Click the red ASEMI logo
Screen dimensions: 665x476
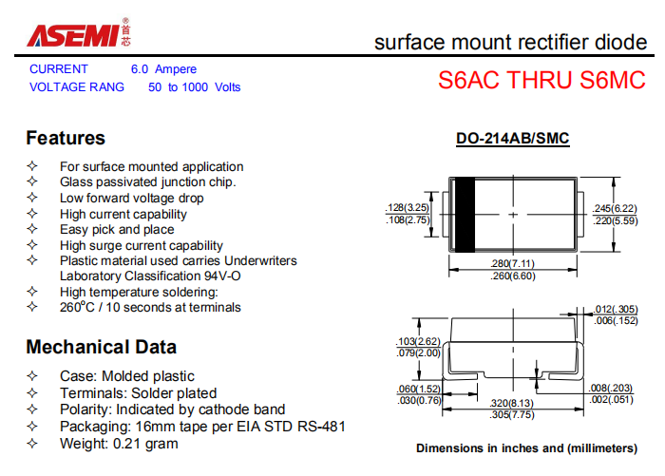coord(73,35)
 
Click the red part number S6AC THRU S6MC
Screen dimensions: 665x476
coord(541,80)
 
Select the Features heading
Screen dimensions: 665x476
coord(66,138)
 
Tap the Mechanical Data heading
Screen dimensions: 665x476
coord(101,347)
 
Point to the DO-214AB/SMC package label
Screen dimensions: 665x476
coord(512,139)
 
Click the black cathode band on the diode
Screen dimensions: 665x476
coord(465,215)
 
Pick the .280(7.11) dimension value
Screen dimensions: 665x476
coord(512,263)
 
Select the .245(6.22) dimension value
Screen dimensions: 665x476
coord(615,208)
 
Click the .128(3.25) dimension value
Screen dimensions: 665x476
coord(408,207)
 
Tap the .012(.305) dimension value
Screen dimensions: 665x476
coord(616,310)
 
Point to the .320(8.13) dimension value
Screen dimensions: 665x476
coord(511,403)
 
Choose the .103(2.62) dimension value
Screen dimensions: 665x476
coord(419,341)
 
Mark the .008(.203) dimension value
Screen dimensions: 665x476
coord(610,388)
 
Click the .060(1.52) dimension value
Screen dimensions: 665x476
coord(419,389)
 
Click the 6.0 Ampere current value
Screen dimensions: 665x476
coord(163,68)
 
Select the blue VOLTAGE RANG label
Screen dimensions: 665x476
coord(77,87)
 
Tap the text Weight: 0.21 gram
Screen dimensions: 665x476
coord(119,444)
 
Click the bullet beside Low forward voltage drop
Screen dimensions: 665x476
coord(32,198)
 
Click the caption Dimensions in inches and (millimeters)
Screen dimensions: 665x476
coord(526,448)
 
